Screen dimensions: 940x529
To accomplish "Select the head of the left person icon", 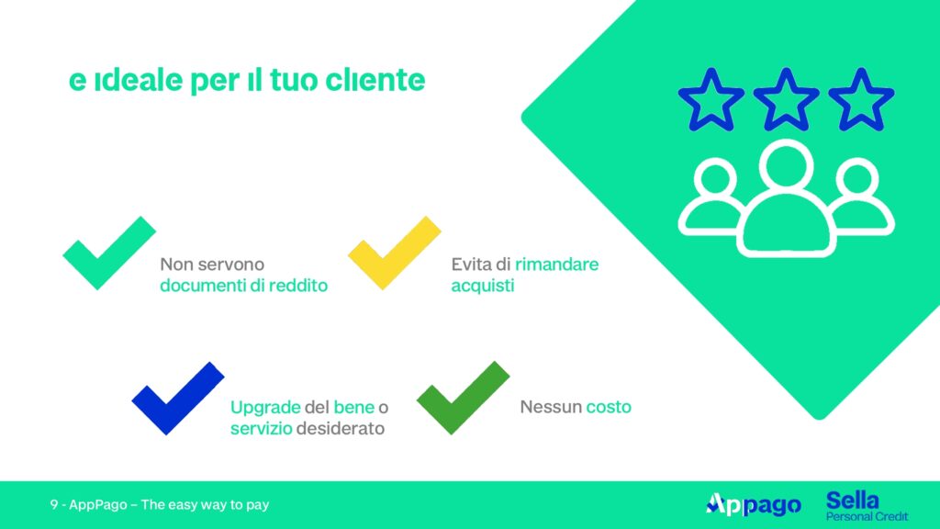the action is (715, 179).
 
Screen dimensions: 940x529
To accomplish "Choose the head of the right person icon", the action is (857, 179).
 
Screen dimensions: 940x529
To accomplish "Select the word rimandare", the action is (556, 264).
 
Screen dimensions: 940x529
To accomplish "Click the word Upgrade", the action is (265, 408).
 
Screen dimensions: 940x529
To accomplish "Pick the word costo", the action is (609, 407).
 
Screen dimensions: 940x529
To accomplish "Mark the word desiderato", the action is (341, 429).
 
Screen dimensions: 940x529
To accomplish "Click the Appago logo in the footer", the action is (754, 505).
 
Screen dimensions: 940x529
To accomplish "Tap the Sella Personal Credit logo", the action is (867, 506).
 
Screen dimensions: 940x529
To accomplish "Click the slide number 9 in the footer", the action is (54, 505).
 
